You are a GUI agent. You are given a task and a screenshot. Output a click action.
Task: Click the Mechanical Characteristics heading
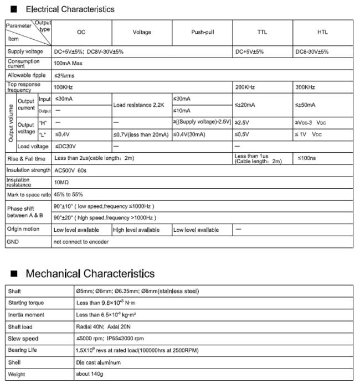(90, 274)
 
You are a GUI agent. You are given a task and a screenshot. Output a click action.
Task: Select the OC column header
(81, 33)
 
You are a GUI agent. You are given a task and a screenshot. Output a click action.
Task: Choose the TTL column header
(262, 33)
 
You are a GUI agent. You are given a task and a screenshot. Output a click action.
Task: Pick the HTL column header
(322, 33)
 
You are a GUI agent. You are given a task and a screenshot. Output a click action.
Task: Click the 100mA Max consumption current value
(68, 64)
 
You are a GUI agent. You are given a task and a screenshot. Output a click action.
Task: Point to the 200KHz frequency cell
(244, 87)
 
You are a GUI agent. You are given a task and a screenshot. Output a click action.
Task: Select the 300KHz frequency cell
(305, 87)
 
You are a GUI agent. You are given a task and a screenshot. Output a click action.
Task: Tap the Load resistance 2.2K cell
(140, 105)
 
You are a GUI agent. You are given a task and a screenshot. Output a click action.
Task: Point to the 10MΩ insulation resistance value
(61, 182)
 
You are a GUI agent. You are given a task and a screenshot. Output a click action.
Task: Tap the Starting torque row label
(26, 303)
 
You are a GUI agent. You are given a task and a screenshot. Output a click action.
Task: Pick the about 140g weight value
(90, 374)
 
